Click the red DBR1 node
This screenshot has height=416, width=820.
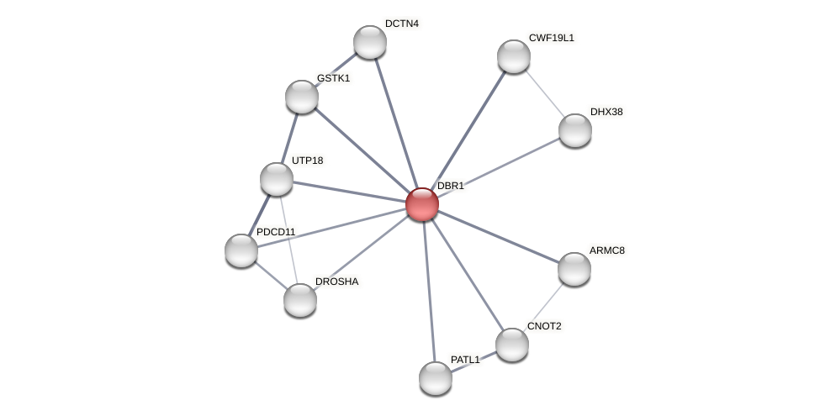[421, 204]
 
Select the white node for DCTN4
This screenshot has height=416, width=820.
[369, 42]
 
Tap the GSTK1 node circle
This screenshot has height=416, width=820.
[301, 97]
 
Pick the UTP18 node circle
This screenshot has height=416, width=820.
[276, 179]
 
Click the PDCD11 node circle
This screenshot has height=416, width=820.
[241, 250]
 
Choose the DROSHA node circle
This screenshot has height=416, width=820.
[299, 300]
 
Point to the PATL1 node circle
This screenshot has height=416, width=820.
[435, 378]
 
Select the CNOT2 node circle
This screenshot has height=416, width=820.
[511, 345]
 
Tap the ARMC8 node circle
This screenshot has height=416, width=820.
[574, 269]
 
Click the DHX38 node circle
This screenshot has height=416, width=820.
[575, 130]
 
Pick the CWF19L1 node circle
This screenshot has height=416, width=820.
[513, 56]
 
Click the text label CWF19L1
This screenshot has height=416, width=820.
[551, 38]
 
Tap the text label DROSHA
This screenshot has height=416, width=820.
[336, 282]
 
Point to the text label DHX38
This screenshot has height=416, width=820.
[606, 112]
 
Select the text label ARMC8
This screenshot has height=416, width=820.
[606, 250]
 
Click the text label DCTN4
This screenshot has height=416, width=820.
[401, 24]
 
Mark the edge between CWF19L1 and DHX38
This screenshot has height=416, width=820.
[544, 93]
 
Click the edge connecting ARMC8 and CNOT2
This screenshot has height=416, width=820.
[543, 307]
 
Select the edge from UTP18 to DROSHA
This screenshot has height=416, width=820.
[288, 240]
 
